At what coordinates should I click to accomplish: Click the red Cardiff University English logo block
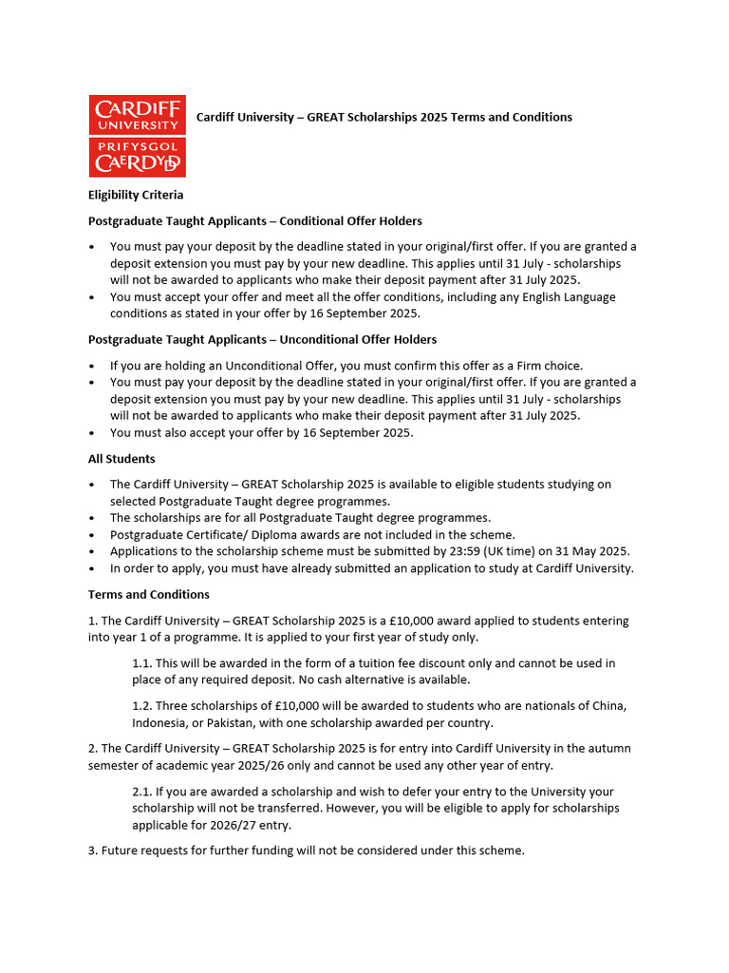click(137, 114)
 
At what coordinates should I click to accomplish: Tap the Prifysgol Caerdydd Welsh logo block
click(137, 157)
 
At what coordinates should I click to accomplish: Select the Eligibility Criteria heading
click(136, 195)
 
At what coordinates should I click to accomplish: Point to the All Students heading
click(121, 459)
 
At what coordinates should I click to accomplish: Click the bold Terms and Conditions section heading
click(149, 595)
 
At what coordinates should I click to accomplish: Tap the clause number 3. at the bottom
click(93, 851)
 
